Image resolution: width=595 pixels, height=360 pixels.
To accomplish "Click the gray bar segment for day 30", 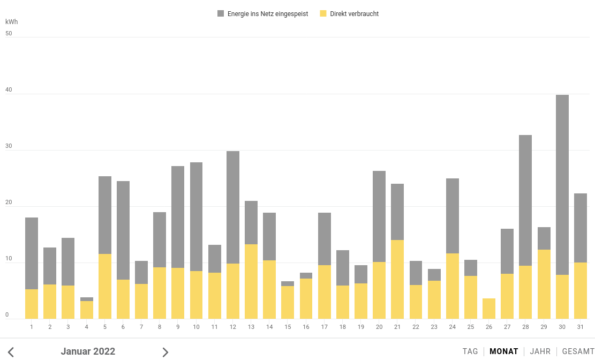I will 562,185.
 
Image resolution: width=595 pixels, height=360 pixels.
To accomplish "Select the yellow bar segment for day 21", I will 397,279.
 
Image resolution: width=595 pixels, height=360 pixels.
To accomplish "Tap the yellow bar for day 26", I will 489,309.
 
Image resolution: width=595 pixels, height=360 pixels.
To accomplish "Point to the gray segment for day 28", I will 525,200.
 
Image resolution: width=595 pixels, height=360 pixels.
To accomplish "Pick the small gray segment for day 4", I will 87,299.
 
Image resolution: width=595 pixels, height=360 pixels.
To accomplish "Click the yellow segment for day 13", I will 251,281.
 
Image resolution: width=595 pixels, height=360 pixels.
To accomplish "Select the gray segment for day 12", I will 233,207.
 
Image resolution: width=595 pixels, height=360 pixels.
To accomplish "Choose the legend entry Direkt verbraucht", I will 354,14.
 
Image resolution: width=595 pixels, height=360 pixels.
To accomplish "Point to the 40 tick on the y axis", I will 9,90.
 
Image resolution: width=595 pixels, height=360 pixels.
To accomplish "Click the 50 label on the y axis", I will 9,33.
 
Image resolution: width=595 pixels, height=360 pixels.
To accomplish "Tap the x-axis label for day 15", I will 288,327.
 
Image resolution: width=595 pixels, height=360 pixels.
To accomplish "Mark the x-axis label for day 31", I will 581,327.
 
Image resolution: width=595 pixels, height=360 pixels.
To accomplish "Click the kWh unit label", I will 11,22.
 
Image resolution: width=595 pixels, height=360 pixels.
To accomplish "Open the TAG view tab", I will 470,351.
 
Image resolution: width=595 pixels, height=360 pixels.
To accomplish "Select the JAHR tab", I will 540,351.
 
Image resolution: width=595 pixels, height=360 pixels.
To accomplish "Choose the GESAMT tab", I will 578,351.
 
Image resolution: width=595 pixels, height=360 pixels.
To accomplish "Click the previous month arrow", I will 11,352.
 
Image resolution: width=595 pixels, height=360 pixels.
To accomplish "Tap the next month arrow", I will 165,352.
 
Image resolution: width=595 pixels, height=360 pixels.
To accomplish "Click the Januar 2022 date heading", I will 88,351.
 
